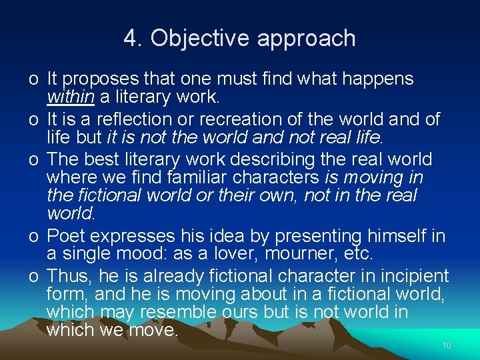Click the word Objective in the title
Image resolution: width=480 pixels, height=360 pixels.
click(x=200, y=39)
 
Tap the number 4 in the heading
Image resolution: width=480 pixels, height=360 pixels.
click(x=129, y=39)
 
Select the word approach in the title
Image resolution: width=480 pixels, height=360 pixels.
click(x=306, y=39)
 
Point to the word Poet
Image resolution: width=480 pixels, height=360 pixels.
click(x=65, y=236)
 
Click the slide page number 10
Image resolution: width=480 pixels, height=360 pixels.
click(x=447, y=345)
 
